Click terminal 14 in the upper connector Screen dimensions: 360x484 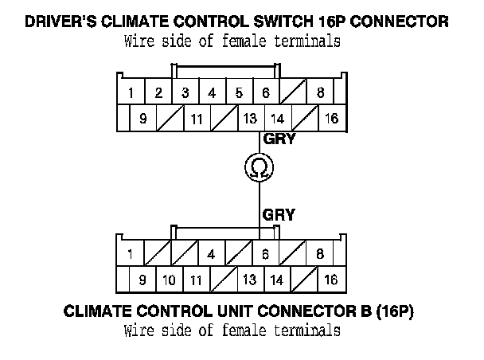tap(276, 119)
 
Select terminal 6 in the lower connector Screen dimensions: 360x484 tap(266, 254)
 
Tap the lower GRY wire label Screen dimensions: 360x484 tap(279, 214)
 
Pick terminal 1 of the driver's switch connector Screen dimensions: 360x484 tap(131, 92)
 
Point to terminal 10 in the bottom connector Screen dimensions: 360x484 tap(169, 280)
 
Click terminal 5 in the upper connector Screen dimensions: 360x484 tap(239, 92)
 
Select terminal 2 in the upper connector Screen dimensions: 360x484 tap(158, 92)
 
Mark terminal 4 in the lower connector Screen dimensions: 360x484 tap(212, 254)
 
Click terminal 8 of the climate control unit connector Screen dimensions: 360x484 tap(320, 254)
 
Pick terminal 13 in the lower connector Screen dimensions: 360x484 tap(249, 280)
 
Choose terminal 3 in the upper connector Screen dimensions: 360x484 tap(185, 92)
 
